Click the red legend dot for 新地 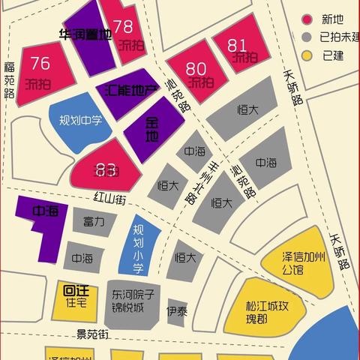(x=306, y=19)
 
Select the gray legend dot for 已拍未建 (x=306, y=37)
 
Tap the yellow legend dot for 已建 (x=306, y=55)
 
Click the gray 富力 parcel (x=94, y=222)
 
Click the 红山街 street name (x=109, y=199)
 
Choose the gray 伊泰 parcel (x=177, y=309)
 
